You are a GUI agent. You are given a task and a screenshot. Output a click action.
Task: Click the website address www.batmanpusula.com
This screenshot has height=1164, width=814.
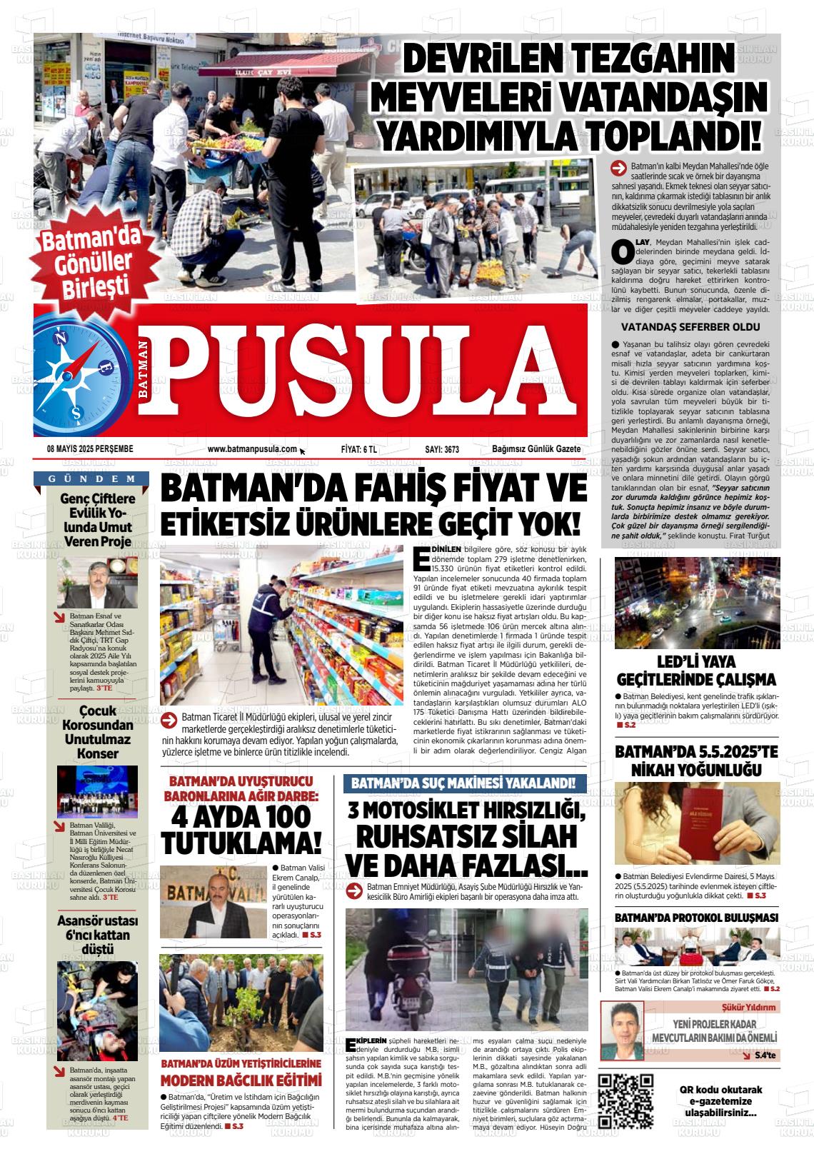[252, 449]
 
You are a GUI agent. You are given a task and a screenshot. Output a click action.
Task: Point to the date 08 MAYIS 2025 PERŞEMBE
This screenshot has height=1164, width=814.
[91, 449]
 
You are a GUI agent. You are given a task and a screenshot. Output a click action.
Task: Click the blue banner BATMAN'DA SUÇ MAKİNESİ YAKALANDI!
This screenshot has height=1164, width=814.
[464, 783]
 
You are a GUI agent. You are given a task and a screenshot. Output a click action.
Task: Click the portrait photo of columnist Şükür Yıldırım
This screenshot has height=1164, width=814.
[622, 1030]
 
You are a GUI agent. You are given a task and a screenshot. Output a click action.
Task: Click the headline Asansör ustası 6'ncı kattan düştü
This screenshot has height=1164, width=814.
[98, 935]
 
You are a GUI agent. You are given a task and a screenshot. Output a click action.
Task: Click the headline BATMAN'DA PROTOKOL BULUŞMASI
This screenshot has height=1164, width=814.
[695, 918]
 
